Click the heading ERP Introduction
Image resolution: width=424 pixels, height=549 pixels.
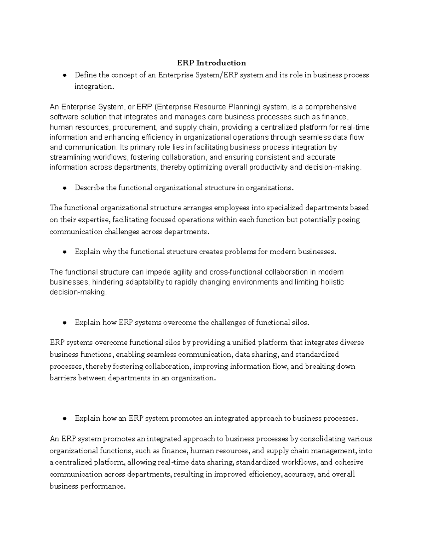tap(211, 63)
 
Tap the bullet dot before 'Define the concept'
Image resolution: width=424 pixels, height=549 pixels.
tap(64, 75)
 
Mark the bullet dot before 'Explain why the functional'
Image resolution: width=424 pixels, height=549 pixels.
tap(64, 252)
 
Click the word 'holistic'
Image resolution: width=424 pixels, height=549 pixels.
tap(332, 282)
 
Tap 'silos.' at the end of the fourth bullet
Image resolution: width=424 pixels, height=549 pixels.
tap(300, 322)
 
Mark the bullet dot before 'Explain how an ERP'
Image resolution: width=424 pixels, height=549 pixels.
tap(64, 419)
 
